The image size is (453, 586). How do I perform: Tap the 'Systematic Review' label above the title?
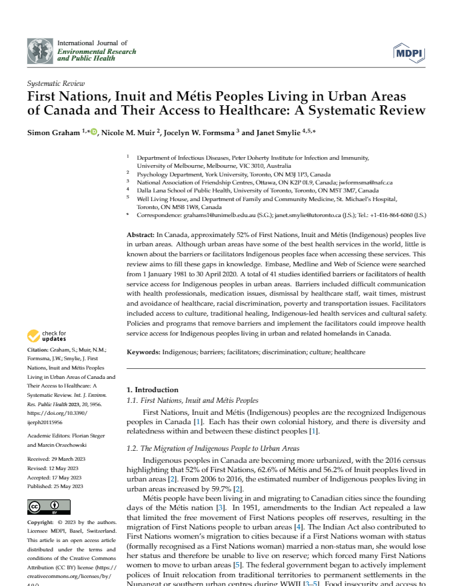coord(55,84)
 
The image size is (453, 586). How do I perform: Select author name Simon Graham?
coord(53,133)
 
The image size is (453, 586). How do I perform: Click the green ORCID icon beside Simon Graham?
coord(94,132)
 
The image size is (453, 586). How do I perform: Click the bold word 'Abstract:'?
coord(141,236)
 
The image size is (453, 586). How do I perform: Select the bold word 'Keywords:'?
coord(144,351)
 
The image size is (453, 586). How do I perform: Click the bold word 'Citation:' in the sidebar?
coord(38,350)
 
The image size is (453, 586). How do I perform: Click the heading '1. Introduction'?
coord(153,390)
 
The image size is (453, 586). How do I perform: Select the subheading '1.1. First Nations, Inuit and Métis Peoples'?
coord(193,400)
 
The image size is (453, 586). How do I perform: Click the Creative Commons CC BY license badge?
coord(41,509)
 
